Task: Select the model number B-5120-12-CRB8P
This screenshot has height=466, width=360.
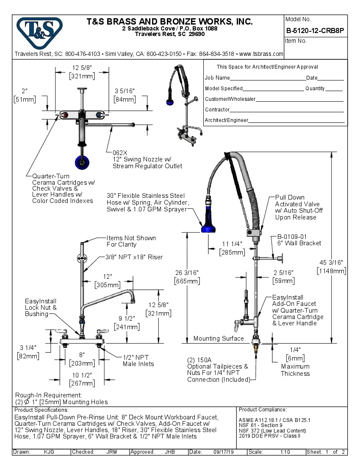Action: pyautogui.click(x=316, y=31)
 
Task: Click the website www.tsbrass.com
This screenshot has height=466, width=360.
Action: pyautogui.click(x=261, y=54)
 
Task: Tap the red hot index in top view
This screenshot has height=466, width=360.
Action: pyautogui.click(x=65, y=115)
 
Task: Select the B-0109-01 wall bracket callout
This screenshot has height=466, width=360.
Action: pyautogui.click(x=292, y=236)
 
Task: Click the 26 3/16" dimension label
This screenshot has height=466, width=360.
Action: pyautogui.click(x=186, y=272)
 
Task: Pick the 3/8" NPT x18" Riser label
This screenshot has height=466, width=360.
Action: pyautogui.click(x=134, y=257)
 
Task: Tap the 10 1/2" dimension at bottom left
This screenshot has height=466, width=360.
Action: pyautogui.click(x=82, y=376)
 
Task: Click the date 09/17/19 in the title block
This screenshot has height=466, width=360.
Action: pyautogui.click(x=223, y=452)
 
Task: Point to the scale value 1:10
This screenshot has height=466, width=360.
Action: pyautogui.click(x=285, y=452)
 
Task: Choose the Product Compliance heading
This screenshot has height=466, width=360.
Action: pyautogui.click(x=263, y=410)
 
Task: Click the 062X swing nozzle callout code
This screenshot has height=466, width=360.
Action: pyautogui.click(x=120, y=153)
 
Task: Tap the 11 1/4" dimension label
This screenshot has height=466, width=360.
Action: pyautogui.click(x=232, y=244)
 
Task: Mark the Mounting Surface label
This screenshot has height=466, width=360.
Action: pyautogui.click(x=219, y=338)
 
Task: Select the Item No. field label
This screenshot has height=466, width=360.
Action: pyautogui.click(x=296, y=41)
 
